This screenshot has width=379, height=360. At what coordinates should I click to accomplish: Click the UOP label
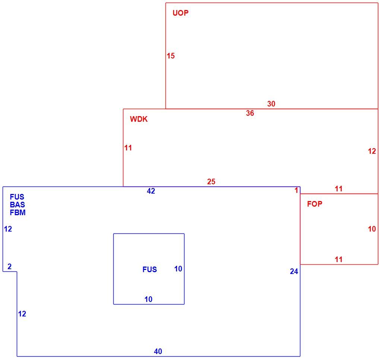pyautogui.click(x=180, y=13)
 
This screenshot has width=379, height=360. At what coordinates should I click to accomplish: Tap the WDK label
pyautogui.click(x=139, y=119)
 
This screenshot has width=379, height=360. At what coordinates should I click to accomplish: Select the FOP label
pyautogui.click(x=315, y=204)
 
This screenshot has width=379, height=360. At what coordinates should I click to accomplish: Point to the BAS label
pyautogui.click(x=18, y=204)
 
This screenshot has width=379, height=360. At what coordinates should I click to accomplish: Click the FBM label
pyautogui.click(x=18, y=213)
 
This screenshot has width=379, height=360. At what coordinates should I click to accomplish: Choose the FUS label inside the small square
pyautogui.click(x=149, y=269)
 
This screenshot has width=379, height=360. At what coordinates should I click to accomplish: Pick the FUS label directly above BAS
pyautogui.click(x=17, y=197)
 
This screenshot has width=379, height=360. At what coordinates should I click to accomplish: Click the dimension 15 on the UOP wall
pyautogui.click(x=171, y=56)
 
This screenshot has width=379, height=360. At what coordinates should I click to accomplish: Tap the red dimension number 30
pyautogui.click(x=271, y=104)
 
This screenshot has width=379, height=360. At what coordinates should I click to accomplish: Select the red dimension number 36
pyautogui.click(x=250, y=113)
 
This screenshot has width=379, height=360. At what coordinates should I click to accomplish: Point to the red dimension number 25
pyautogui.click(x=211, y=182)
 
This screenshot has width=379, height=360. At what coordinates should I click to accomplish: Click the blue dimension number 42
pyautogui.click(x=151, y=191)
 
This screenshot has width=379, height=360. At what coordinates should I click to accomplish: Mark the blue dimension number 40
pyautogui.click(x=158, y=351)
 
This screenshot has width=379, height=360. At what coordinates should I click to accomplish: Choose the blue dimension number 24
pyautogui.click(x=294, y=271)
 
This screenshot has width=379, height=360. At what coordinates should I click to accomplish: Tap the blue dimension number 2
pyautogui.click(x=9, y=266)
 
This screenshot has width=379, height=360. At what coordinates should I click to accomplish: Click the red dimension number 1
pyautogui.click(x=296, y=190)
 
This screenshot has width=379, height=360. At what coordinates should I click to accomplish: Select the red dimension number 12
pyautogui.click(x=372, y=151)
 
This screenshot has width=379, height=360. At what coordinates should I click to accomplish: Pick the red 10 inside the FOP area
pyautogui.click(x=372, y=229)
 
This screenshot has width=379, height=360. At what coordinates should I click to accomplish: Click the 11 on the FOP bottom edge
pyautogui.click(x=339, y=259)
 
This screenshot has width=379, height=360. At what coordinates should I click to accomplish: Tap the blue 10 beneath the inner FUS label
pyautogui.click(x=148, y=299)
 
